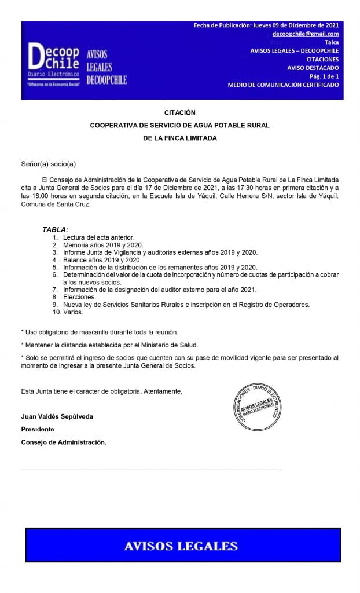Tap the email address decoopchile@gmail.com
pos(306,34)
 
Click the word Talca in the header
pos(332,42)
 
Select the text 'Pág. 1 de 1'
pos(324,76)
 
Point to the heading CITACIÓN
pos(179,112)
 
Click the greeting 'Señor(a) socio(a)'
pos(49,164)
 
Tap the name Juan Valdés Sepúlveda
pos(57,416)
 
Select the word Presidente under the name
pos(38,429)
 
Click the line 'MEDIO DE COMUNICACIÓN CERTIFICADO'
pos(283,85)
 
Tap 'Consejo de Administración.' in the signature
pos(64,442)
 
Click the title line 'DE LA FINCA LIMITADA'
pos(179,138)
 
